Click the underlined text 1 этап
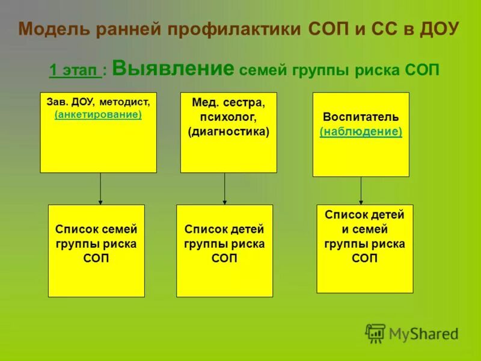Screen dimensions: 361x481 click(x=75, y=71)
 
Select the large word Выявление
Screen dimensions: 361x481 click(x=173, y=69)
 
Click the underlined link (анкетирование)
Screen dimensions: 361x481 click(x=98, y=114)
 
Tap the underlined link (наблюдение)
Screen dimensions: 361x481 click(x=361, y=131)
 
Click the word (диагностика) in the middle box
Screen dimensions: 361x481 click(x=228, y=131)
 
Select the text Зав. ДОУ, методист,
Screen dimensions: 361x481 click(x=98, y=102)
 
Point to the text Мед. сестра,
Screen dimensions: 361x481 click(x=228, y=103)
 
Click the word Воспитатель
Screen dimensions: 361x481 click(x=361, y=117)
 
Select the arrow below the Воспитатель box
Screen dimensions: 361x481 click(x=361, y=191)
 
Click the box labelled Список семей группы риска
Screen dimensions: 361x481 click(x=96, y=250)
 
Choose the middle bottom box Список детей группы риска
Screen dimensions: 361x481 click(x=224, y=250)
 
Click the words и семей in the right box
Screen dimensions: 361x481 click(x=364, y=229)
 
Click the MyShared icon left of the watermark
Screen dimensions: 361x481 click(x=375, y=333)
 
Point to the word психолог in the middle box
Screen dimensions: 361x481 click(x=228, y=117)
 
